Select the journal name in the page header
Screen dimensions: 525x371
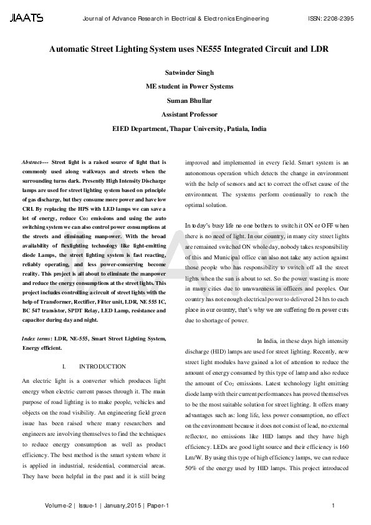175,19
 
